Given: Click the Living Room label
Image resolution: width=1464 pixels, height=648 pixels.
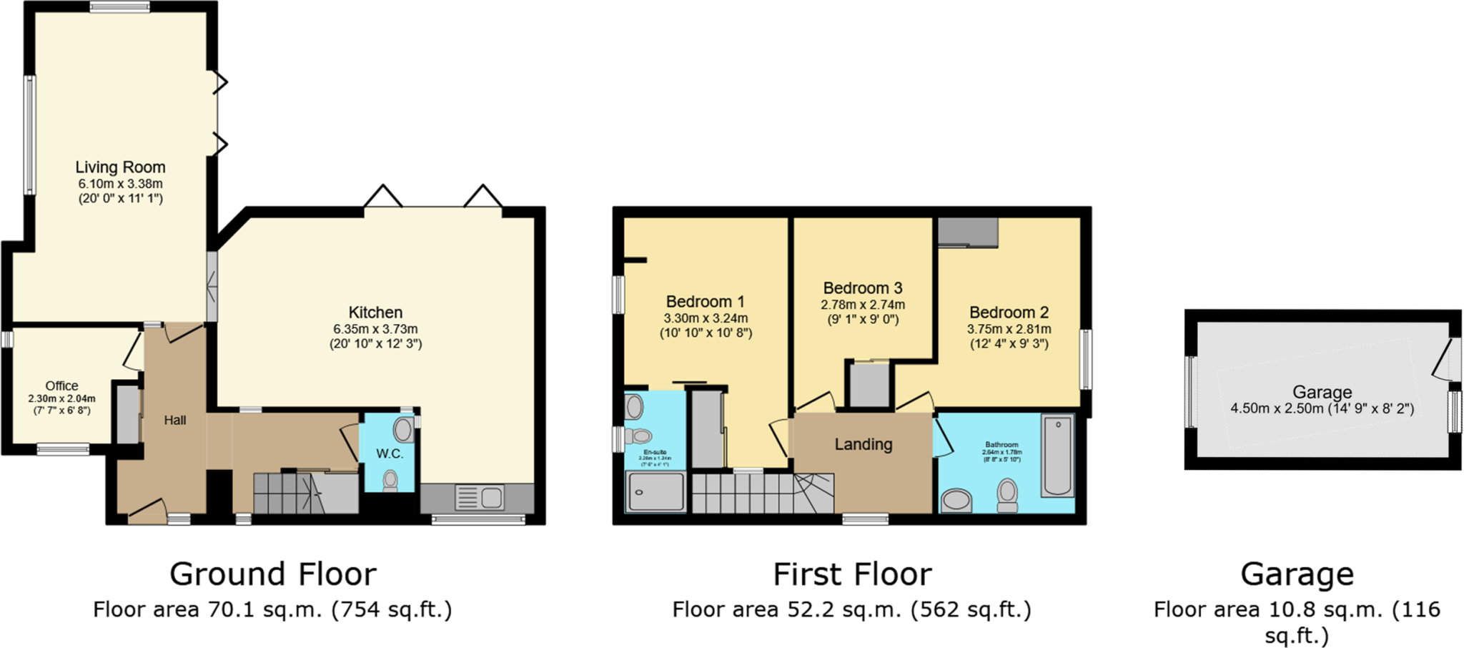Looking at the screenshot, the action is (120, 167).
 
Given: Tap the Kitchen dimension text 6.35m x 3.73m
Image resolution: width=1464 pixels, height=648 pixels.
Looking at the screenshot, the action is (375, 329).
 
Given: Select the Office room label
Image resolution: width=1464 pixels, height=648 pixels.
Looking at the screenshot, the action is (62, 386).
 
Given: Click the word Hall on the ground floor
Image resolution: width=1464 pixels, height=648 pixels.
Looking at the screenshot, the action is (175, 421).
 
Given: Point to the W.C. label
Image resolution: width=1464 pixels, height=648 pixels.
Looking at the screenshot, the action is (390, 453).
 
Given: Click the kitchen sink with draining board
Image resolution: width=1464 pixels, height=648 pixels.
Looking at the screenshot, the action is (480, 497).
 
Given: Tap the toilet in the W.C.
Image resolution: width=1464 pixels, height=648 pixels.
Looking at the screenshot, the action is (390, 480).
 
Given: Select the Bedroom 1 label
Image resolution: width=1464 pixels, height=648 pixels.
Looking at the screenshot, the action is (705, 302).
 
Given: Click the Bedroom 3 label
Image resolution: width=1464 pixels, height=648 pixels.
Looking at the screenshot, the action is (863, 288).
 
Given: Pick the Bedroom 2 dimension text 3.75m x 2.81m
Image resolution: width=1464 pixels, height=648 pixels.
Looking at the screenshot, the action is (1009, 329).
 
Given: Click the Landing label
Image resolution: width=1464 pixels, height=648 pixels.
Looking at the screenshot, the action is (864, 444).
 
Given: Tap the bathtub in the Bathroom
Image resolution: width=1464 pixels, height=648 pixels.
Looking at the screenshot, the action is (1058, 455).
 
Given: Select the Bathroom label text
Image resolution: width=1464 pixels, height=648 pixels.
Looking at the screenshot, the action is (1001, 445).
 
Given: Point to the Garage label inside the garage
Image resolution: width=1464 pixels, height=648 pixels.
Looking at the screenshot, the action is (1322, 392).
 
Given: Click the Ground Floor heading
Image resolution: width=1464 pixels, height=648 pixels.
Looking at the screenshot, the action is (272, 574).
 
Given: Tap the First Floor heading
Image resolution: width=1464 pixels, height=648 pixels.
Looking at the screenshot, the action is (852, 574).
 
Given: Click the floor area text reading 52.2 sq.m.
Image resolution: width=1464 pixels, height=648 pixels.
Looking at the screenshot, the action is (851, 609).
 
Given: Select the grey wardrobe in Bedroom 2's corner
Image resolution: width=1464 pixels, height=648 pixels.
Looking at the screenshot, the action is (968, 232).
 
